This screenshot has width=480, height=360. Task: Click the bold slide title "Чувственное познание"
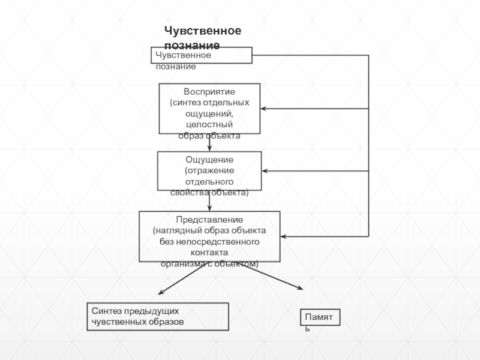click(203, 37)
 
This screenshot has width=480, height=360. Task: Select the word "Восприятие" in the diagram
click(209, 92)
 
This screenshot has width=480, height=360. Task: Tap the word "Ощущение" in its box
click(209, 160)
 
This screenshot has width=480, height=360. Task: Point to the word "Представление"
click(209, 220)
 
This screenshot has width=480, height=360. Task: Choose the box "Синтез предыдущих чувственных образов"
click(158, 316)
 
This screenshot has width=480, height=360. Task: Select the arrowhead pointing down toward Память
click(301, 290)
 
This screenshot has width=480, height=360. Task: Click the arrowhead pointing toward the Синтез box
click(161, 293)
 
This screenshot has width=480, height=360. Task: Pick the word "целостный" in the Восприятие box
click(209, 124)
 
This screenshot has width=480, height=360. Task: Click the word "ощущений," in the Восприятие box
click(209, 113)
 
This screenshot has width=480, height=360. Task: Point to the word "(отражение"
click(209, 170)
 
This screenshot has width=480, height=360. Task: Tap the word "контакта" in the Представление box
click(209, 253)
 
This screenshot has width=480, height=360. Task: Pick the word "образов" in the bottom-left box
click(167, 322)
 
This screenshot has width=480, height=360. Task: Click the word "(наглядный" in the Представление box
click(173, 230)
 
